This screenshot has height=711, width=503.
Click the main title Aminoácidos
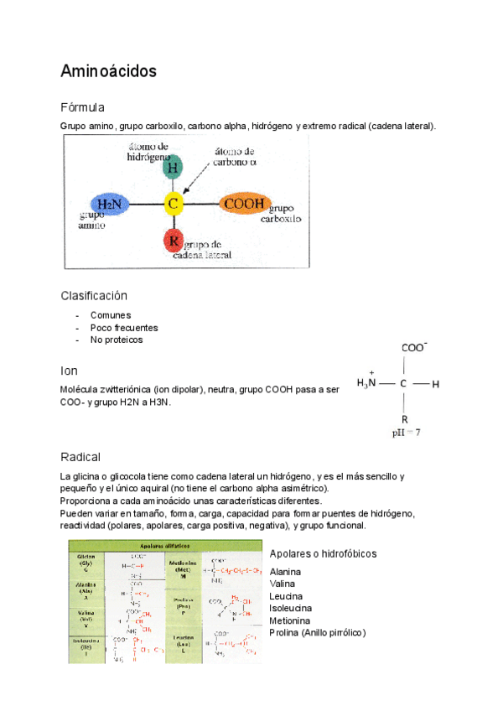[x=108, y=72]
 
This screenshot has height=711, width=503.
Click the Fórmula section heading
[x=82, y=108]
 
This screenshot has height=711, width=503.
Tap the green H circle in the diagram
[x=172, y=168]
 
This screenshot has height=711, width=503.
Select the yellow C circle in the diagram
[x=173, y=203]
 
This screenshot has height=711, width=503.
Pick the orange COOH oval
[x=244, y=203]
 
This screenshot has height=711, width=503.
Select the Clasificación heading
[x=94, y=296]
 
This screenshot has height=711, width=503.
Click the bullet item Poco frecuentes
[x=123, y=328]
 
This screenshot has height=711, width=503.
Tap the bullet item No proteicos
[x=117, y=340]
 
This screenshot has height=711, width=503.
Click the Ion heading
[x=69, y=371]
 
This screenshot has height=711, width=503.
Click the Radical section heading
[x=80, y=457]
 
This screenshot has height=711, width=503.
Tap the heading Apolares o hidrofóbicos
[x=323, y=554]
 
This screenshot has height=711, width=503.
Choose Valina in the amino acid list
[x=283, y=584]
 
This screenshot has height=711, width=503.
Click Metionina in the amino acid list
[x=290, y=620]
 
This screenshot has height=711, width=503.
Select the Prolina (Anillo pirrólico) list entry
[x=318, y=632]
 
